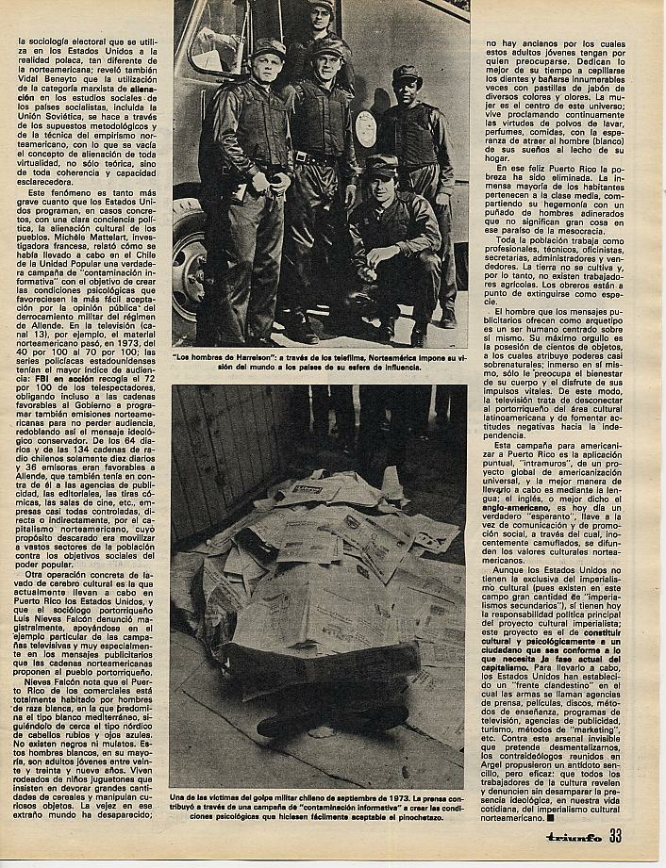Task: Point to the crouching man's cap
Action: [384, 167]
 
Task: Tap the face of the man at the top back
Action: [322, 19]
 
